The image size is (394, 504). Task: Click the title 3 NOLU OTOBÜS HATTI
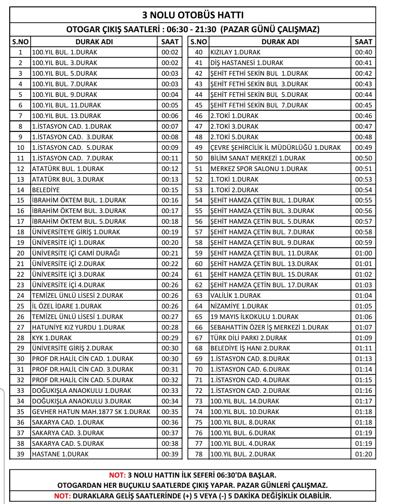pyautogui.click(x=193, y=15)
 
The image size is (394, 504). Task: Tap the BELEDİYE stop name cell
pyautogui.click(x=46, y=190)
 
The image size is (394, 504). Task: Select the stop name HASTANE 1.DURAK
pyautogui.click(x=60, y=454)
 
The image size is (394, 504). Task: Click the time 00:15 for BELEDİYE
pyautogui.click(x=170, y=190)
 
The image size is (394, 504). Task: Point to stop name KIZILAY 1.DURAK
pyautogui.click(x=235, y=52)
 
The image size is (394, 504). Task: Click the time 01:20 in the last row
pyautogui.click(x=363, y=454)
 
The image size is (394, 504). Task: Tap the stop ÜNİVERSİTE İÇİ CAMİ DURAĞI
pyautogui.click(x=76, y=253)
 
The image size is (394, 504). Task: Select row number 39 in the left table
pyautogui.click(x=20, y=454)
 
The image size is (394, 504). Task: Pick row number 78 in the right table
pyautogui.click(x=198, y=454)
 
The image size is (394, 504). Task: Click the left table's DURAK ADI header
pyautogui.click(x=94, y=42)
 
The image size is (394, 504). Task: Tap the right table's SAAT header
pyautogui.click(x=363, y=42)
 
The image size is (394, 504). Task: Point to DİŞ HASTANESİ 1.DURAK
pyautogui.click(x=247, y=63)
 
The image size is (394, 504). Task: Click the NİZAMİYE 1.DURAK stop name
pyautogui.click(x=239, y=306)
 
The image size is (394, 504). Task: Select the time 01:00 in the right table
pyautogui.click(x=363, y=253)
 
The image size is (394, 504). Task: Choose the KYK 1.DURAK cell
pyautogui.click(x=52, y=338)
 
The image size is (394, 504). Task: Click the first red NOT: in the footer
pyautogui.click(x=117, y=475)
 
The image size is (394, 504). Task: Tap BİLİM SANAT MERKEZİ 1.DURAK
pyautogui.click(x=258, y=158)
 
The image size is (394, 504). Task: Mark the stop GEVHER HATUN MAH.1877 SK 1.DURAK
pyautogui.click(x=91, y=412)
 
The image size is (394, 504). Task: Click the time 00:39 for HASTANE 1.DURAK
pyautogui.click(x=170, y=454)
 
